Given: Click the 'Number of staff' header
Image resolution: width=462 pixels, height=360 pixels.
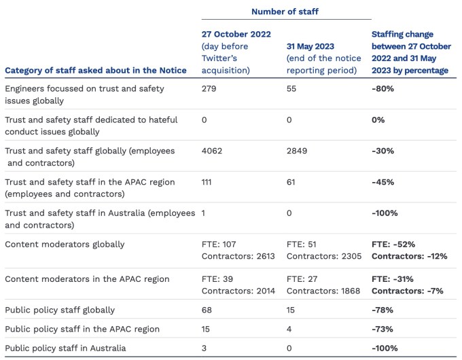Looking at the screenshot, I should [x=285, y=12].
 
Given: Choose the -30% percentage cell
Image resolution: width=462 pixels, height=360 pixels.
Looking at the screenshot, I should [x=383, y=151].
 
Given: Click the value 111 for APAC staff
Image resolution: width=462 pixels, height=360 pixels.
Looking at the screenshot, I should [x=209, y=182].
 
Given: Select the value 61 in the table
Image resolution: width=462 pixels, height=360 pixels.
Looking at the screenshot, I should [x=292, y=182].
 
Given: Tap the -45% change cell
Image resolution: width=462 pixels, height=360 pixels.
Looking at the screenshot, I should [x=383, y=182].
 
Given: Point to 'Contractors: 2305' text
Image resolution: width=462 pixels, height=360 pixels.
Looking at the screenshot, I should [x=323, y=256].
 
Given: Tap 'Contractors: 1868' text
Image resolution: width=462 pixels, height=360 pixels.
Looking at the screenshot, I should [x=323, y=291].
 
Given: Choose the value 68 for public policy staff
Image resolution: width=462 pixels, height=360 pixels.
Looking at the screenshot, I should [x=207, y=310].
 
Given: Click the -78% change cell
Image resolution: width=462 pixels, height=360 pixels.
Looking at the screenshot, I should [x=383, y=310].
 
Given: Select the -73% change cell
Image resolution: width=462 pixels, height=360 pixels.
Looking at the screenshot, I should [x=383, y=329].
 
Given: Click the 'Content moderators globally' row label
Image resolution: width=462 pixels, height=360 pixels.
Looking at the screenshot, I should [x=65, y=245].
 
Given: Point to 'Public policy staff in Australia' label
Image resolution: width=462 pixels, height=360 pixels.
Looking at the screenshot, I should [x=70, y=348].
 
